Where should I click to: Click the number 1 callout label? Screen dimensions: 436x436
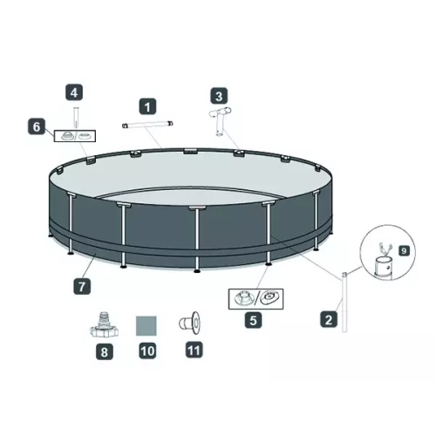click(x=147, y=106)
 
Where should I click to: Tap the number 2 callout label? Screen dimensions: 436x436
click(x=329, y=319)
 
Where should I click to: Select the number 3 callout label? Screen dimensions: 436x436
click(x=219, y=96)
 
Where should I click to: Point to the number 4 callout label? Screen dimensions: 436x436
click(x=74, y=92)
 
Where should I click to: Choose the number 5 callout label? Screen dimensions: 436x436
click(x=253, y=320)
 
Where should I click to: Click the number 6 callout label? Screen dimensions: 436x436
click(x=37, y=126)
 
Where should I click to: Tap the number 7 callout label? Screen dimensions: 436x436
click(x=82, y=286)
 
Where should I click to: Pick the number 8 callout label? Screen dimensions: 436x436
click(x=105, y=351)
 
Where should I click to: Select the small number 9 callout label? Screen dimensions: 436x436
click(x=404, y=250)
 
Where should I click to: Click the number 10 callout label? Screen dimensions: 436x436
click(x=147, y=351)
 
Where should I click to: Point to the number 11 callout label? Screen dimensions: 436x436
click(x=194, y=350)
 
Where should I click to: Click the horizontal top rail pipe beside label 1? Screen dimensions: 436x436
click(x=147, y=124)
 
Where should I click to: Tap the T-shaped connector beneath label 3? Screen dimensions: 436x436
click(x=220, y=122)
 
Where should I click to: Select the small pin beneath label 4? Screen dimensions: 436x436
click(x=76, y=118)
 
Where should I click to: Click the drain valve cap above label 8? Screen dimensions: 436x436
click(x=104, y=324)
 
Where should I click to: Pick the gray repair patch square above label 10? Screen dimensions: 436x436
click(x=146, y=326)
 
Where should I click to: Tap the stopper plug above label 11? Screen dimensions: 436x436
click(x=189, y=323)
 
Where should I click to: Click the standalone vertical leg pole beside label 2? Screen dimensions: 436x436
click(x=344, y=303)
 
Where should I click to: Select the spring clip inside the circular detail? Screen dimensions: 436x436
click(x=384, y=249)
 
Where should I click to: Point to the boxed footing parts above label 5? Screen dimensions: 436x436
click(x=255, y=299)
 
